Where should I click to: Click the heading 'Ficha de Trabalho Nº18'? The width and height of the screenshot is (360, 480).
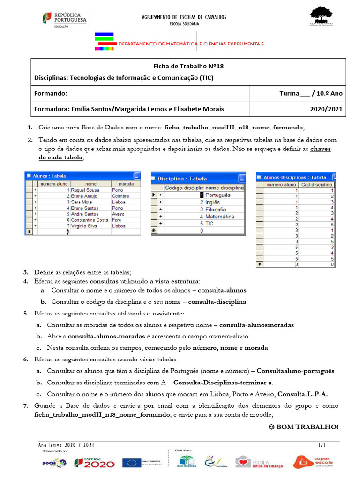coord(189,66)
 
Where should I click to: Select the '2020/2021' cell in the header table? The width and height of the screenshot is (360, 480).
coord(326,109)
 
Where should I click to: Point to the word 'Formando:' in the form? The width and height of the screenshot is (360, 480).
coord(51,93)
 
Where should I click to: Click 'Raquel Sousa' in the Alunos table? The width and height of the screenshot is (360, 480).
coord(85,190)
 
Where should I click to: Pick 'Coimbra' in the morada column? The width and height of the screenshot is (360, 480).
coord(120,196)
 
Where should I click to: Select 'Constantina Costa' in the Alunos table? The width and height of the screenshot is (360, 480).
coord(90,220)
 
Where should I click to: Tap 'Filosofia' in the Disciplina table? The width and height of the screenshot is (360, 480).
coord(216,210)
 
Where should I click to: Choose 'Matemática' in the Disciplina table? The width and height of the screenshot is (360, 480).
coord(220,217)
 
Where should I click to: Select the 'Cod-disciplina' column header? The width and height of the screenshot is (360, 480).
coord(317,185)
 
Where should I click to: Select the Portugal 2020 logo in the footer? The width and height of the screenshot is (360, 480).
coord(94,463)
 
